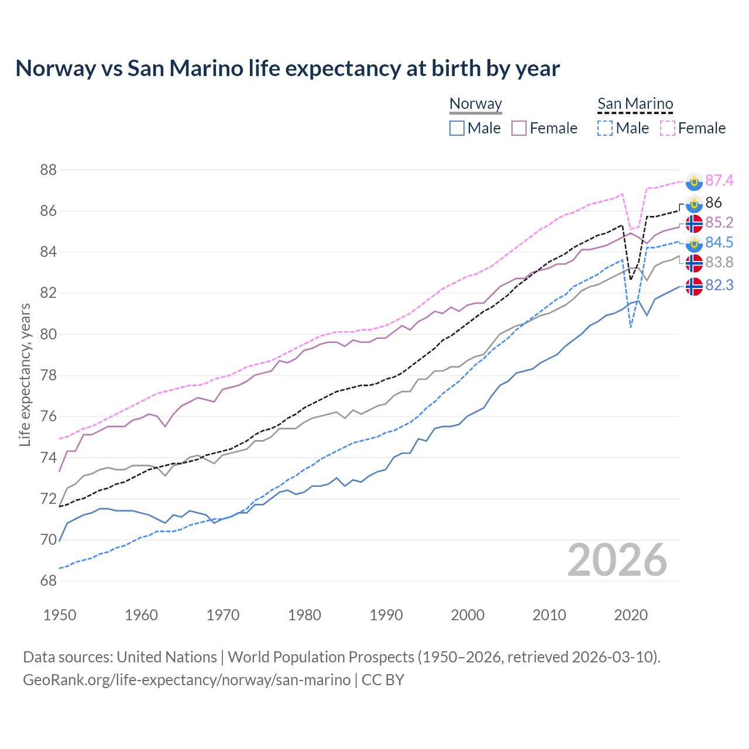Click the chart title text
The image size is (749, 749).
click(287, 68)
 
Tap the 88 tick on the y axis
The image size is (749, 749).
click(48, 170)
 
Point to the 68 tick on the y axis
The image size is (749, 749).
click(48, 581)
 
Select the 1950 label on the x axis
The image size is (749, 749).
click(60, 615)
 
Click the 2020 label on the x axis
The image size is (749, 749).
click(631, 615)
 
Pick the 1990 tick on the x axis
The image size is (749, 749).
click(386, 615)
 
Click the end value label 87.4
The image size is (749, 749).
click(719, 181)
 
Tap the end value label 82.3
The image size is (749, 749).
click(719, 285)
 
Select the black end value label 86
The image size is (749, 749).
click(713, 202)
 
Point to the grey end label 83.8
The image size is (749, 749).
click(719, 263)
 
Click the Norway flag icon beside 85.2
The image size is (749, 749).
click(694, 223)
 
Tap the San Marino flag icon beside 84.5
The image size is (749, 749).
click(694, 243)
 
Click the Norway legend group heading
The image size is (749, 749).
click(476, 104)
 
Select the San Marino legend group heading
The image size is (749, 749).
click(635, 104)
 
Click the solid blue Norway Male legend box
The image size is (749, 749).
click(457, 128)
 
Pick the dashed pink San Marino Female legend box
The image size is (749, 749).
click(667, 128)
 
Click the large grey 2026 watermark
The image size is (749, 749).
click(617, 560)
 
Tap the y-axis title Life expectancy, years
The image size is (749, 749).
click(25, 374)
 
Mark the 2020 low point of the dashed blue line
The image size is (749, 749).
click(630, 327)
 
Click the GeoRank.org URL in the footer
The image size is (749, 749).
click(187, 680)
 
